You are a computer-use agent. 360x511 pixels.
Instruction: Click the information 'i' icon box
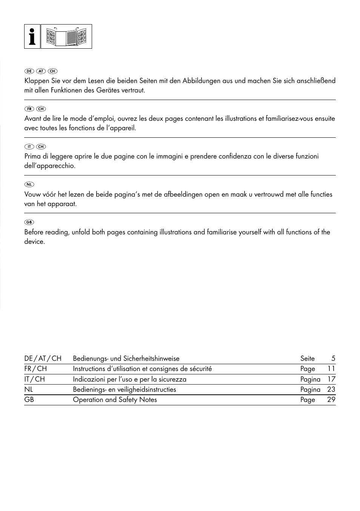(32, 37)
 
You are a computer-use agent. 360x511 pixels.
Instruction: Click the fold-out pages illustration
(66, 37)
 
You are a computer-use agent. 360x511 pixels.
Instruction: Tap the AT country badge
(41, 71)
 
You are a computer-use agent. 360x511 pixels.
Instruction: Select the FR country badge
(29, 109)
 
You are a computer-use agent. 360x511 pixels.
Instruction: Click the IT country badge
(29, 146)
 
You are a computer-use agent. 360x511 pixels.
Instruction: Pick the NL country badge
(29, 185)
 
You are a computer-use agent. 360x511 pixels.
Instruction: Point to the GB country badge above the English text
(29, 222)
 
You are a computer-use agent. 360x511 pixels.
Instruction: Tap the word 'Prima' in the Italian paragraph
(33, 156)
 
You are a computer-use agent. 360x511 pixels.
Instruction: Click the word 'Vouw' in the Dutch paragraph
(32, 194)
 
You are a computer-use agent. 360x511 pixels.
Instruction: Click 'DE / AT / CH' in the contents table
(43, 359)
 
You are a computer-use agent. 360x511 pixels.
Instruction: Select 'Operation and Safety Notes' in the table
(115, 400)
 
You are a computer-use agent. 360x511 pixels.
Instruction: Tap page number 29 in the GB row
(331, 400)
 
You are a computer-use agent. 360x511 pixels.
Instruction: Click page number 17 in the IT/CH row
(331, 379)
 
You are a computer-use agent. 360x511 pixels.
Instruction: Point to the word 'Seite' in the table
(307, 359)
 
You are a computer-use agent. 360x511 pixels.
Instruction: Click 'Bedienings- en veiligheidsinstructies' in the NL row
(124, 389)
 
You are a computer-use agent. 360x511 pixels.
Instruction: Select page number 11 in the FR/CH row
(331, 369)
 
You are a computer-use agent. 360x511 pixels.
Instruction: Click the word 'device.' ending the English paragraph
(35, 242)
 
